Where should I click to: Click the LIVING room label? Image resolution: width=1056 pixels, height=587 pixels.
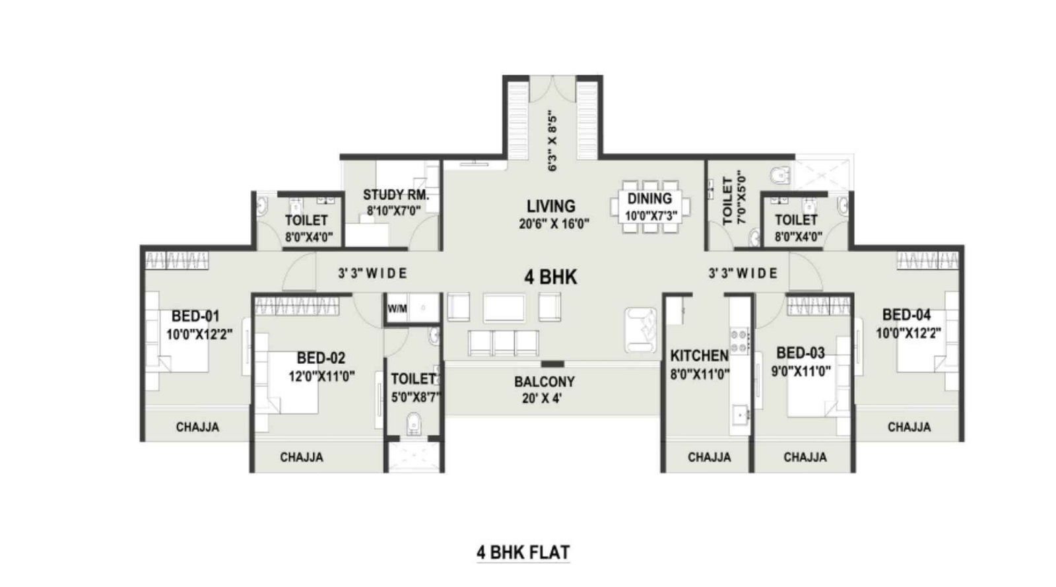550,206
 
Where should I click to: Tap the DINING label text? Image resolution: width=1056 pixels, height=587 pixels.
649,198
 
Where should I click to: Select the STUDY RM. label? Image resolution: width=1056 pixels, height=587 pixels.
396,195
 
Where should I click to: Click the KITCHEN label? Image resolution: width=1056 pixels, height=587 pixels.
699,356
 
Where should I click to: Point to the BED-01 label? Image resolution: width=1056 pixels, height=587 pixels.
195,316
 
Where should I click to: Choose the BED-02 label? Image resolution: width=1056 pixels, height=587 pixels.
321,358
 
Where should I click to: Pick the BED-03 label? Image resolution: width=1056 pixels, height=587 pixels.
801,353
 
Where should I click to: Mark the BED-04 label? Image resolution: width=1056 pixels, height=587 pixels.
906,315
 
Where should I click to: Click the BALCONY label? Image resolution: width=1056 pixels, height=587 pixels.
544,382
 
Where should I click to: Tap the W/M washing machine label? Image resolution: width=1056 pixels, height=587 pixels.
397,308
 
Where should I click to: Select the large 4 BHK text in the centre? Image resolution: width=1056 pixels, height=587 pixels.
550,277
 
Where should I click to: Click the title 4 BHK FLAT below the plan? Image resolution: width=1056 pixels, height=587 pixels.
523,552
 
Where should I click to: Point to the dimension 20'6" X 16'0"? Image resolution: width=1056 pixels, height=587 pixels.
554,224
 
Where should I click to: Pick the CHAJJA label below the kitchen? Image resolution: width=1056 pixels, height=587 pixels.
709,457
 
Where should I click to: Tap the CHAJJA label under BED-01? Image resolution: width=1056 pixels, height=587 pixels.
197,427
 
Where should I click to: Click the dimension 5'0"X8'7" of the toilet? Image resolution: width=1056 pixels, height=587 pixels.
415,397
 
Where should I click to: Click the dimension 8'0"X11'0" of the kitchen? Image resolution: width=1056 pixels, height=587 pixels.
699,374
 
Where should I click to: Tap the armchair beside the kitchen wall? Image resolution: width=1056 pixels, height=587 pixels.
642,328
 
